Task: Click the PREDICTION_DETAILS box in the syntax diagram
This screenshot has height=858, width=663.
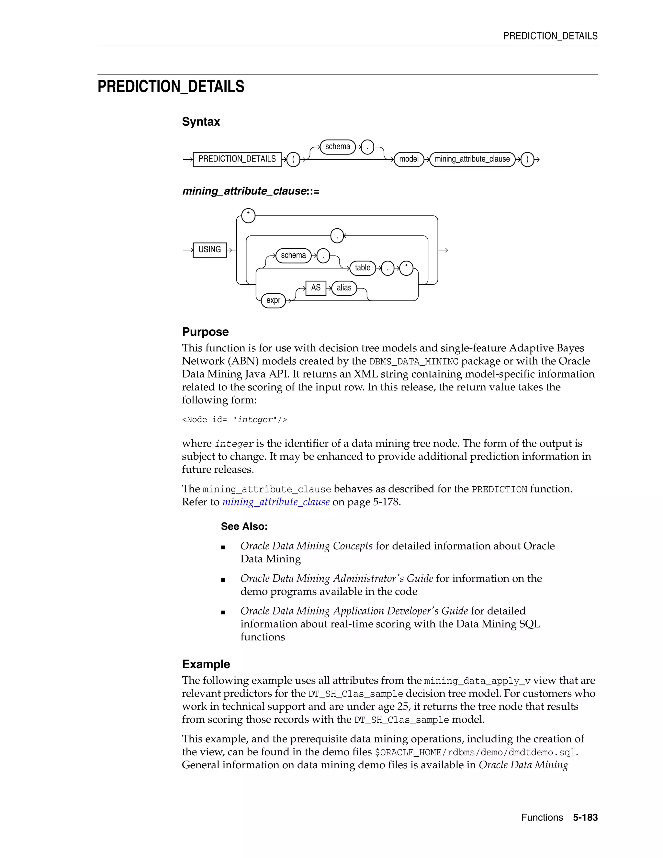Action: (237, 159)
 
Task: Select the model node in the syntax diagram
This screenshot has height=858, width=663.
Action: (409, 159)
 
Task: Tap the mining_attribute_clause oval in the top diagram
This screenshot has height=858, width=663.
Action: (472, 159)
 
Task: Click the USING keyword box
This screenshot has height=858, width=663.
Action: (209, 249)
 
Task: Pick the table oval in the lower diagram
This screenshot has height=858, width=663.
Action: (362, 268)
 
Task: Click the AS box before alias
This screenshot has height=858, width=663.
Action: (315, 288)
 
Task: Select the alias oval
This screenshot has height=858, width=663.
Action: (344, 288)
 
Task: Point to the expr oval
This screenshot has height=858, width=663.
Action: (273, 300)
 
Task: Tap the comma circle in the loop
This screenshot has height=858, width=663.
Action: (337, 236)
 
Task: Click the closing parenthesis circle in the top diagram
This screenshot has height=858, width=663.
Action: (527, 160)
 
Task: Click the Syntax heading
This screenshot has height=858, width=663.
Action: (201, 122)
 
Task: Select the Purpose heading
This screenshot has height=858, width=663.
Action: (205, 332)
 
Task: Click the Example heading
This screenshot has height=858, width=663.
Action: (206, 664)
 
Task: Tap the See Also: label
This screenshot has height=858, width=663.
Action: (244, 526)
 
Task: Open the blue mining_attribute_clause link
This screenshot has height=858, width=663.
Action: (276, 502)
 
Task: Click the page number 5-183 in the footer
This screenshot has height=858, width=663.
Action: (585, 818)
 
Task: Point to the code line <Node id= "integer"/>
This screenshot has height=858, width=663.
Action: (234, 420)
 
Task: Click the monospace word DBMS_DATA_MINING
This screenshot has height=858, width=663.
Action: (414, 361)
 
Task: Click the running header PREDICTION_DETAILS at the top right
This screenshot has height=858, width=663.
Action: (550, 36)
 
